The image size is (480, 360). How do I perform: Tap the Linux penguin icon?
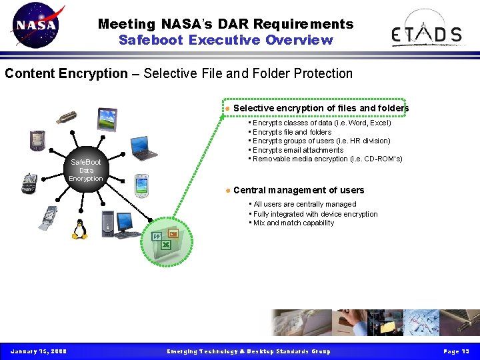tap(80, 229)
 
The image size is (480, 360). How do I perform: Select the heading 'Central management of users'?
tap(299, 190)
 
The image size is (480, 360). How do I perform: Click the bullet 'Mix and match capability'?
tap(293, 223)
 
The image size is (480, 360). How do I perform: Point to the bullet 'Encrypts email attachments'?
tap(298, 150)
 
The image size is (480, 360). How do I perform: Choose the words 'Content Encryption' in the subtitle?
tap(66, 73)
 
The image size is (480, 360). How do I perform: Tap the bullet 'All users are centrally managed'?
tap(305, 204)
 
